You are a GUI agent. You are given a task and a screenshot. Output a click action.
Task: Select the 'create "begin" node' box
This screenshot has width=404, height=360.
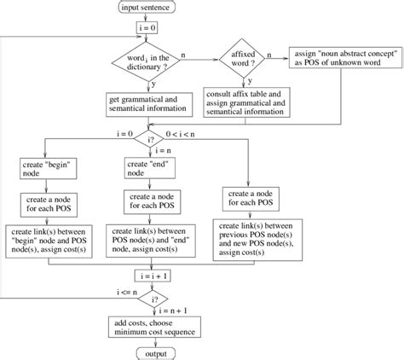[49, 168]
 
